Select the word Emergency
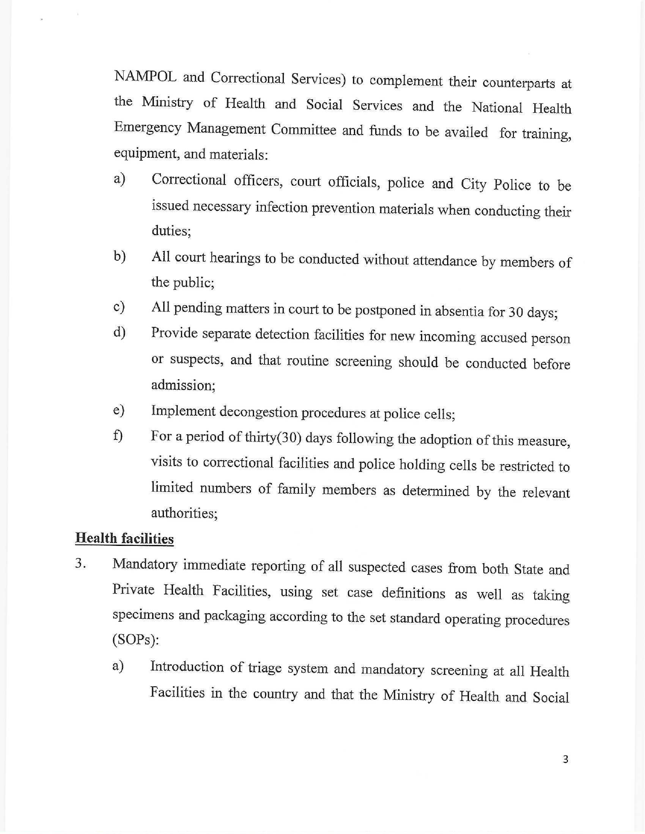click(147, 128)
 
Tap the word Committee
click(304, 130)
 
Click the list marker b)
click(119, 257)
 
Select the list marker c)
click(119, 307)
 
